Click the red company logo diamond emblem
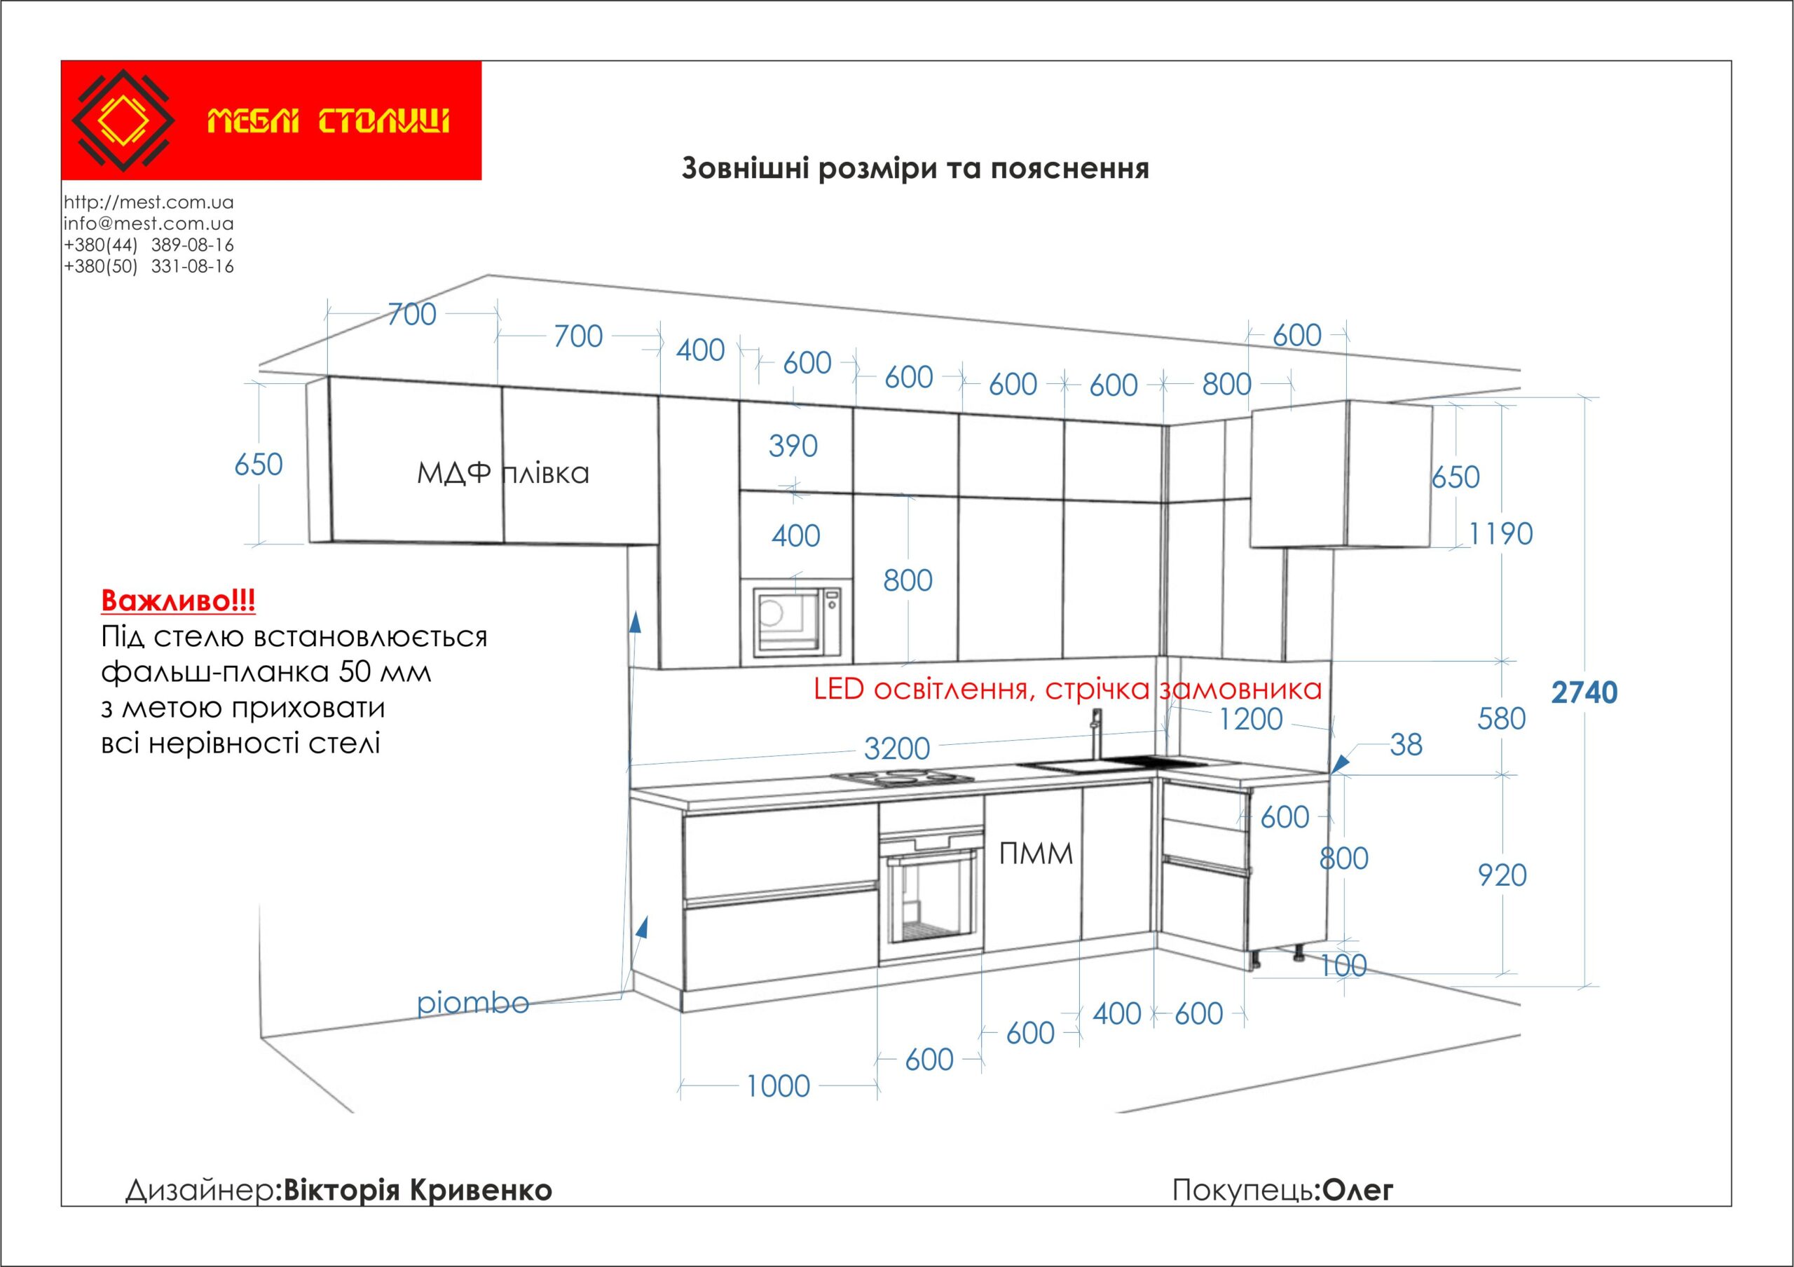click(123, 121)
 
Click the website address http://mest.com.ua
click(149, 203)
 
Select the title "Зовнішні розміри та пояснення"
click(915, 169)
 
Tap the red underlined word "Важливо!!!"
click(178, 601)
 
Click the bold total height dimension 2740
click(1584, 693)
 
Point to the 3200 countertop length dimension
click(897, 748)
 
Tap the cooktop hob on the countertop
click(902, 776)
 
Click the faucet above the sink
click(1096, 734)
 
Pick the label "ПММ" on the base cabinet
click(1036, 854)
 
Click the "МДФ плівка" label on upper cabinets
click(503, 473)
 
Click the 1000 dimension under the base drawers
click(779, 1085)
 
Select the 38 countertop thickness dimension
click(1406, 745)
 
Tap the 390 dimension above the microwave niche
click(793, 446)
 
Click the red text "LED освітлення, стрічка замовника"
click(1067, 689)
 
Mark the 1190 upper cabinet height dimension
click(1501, 534)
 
